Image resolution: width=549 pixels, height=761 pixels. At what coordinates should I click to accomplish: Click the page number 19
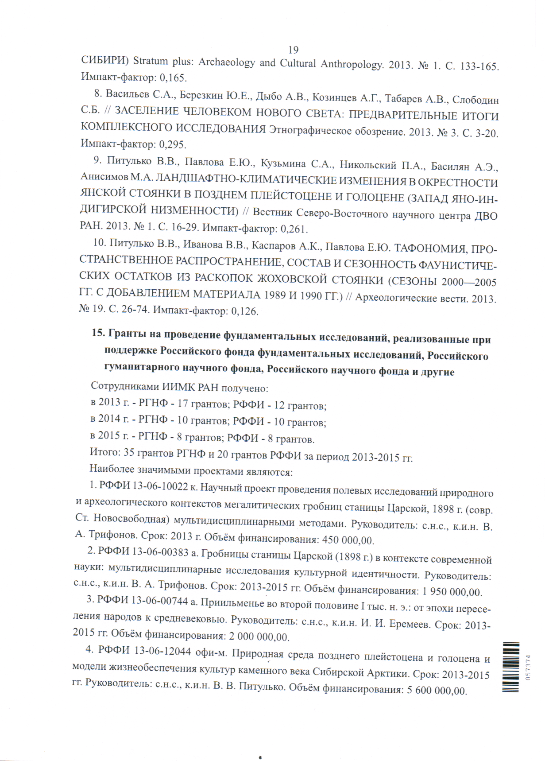click(x=293, y=50)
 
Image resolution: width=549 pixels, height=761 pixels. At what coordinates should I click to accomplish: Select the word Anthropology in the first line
click(x=352, y=65)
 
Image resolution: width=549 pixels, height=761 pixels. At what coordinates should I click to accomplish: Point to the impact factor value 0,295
click(x=172, y=144)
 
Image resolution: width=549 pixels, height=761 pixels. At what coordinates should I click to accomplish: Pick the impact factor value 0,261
click(x=294, y=229)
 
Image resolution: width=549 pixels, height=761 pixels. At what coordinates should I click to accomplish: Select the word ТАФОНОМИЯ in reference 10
click(x=430, y=248)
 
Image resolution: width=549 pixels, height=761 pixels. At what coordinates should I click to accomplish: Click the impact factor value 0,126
click(x=244, y=311)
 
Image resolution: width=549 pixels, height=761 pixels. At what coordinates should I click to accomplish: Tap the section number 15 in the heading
click(x=98, y=333)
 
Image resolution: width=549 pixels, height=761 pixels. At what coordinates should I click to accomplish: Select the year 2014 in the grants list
click(x=109, y=419)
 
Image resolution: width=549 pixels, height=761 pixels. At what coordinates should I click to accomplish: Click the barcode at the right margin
click(x=511, y=667)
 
